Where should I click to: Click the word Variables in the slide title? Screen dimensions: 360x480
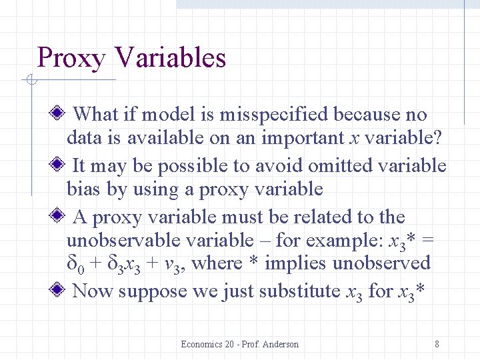pyautogui.click(x=170, y=58)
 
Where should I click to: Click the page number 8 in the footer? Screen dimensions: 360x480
pyautogui.click(x=436, y=344)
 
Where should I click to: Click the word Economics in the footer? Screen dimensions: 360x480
pyautogui.click(x=202, y=344)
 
